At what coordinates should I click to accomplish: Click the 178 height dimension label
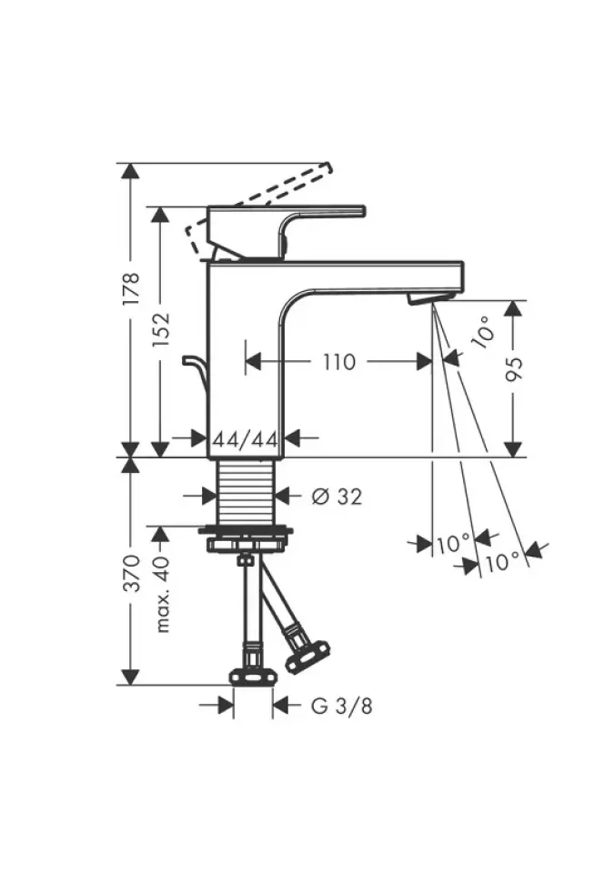tap(130, 288)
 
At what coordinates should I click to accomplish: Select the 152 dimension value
tap(160, 329)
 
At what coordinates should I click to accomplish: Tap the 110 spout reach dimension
tap(339, 363)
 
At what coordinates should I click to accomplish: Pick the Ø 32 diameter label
tap(337, 497)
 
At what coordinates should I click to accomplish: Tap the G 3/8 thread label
tap(341, 707)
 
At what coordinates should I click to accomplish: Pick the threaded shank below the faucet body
tap(246, 492)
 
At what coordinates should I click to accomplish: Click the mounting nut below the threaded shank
tap(246, 538)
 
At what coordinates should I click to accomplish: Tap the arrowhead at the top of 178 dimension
tap(130, 172)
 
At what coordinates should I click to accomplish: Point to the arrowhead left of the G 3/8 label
tap(226, 706)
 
